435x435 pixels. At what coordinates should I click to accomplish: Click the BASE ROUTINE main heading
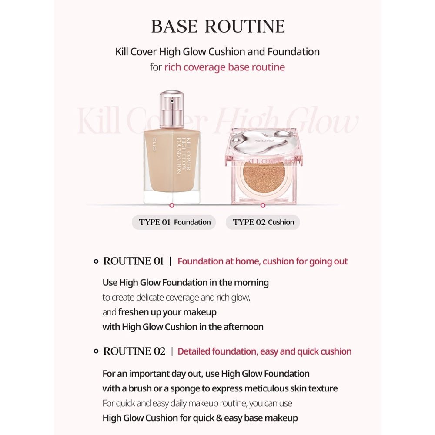point(218,27)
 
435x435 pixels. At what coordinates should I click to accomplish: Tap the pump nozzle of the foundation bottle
point(172,101)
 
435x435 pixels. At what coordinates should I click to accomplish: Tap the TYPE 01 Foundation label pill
point(174,222)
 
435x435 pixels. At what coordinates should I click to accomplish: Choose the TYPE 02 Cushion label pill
point(263,222)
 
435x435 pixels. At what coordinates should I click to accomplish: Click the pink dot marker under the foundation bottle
point(172,205)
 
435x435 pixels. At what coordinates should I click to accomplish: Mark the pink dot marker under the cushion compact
point(263,205)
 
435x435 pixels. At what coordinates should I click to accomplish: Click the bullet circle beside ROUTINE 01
point(96,261)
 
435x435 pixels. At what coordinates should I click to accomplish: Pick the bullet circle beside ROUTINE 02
point(96,351)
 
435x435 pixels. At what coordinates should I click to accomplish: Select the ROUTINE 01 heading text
point(133,261)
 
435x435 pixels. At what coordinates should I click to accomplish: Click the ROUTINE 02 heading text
point(134,351)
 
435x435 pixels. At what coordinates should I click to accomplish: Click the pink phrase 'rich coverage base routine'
point(224,67)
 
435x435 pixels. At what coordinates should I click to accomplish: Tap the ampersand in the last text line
point(219,418)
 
